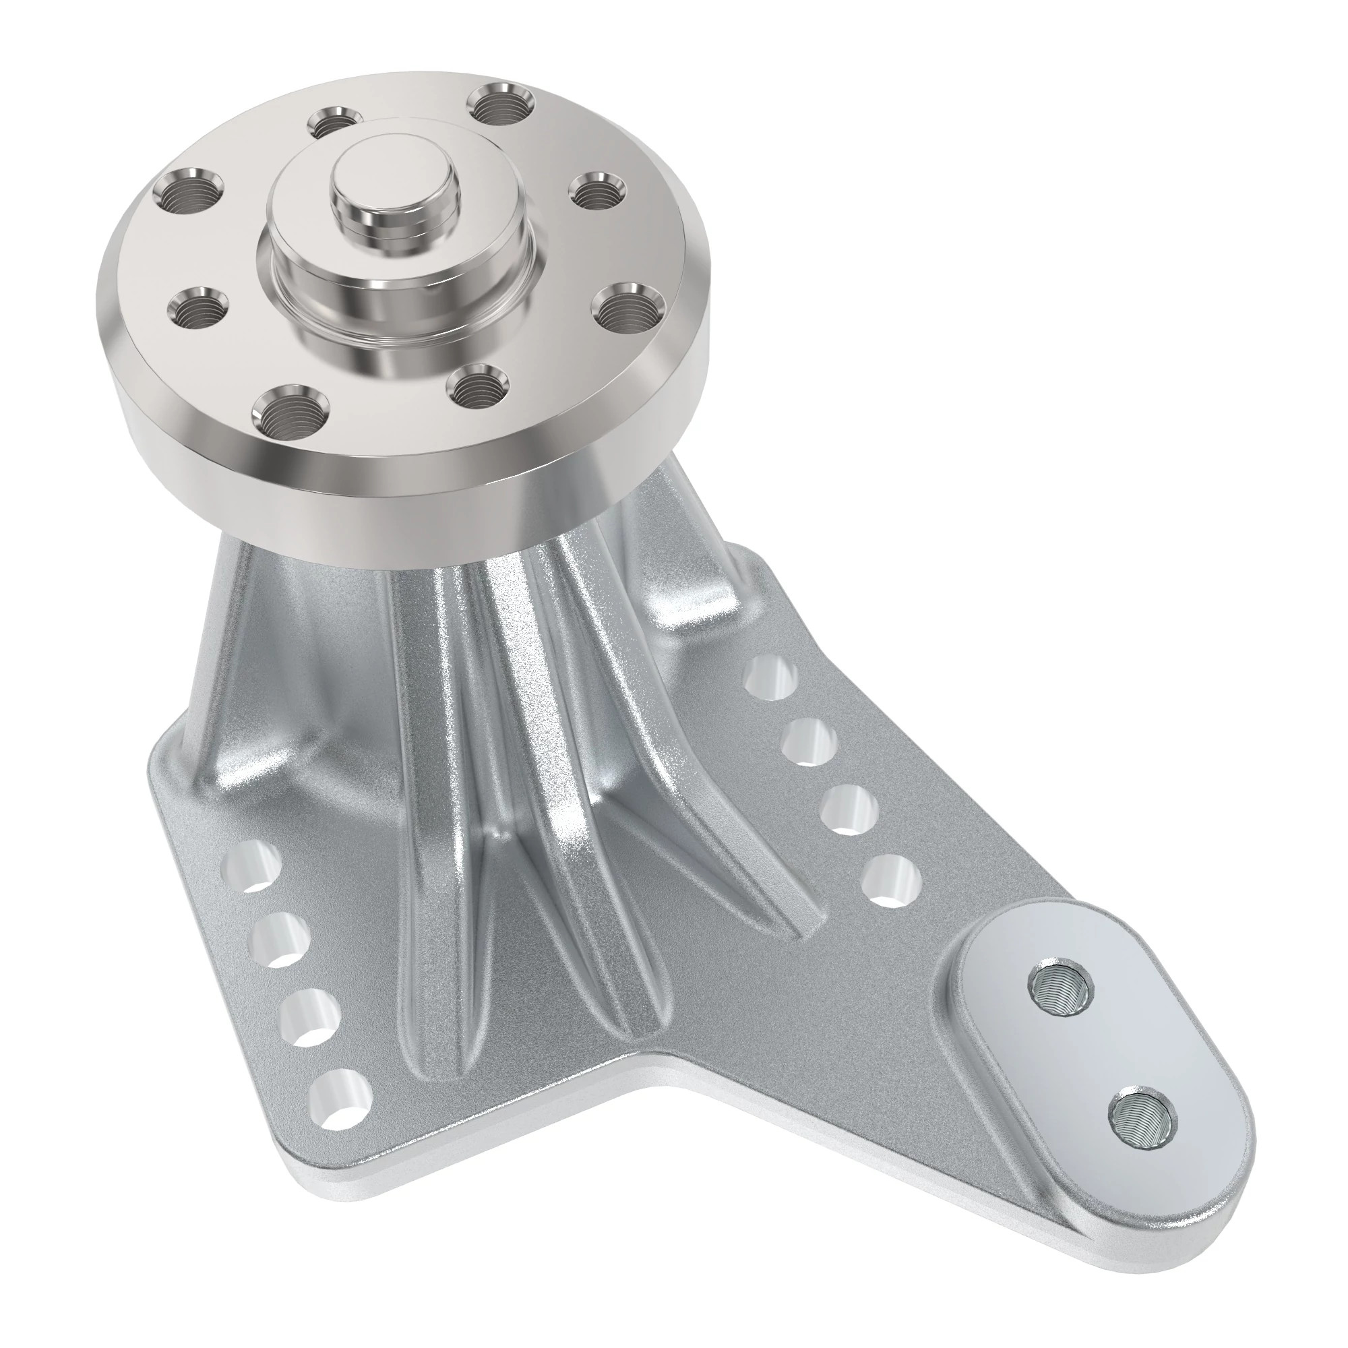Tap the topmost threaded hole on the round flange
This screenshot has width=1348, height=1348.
click(x=501, y=104)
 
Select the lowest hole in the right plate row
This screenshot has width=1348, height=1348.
click(x=889, y=880)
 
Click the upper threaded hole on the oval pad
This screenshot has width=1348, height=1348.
click(x=1060, y=988)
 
